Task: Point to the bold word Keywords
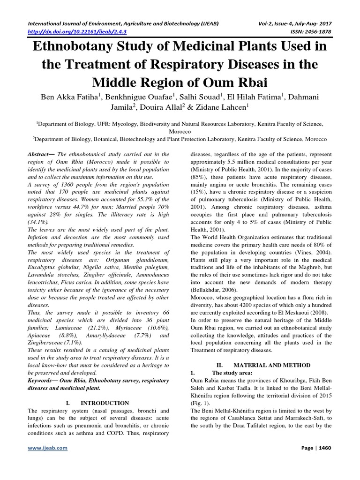[x=43, y=380]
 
